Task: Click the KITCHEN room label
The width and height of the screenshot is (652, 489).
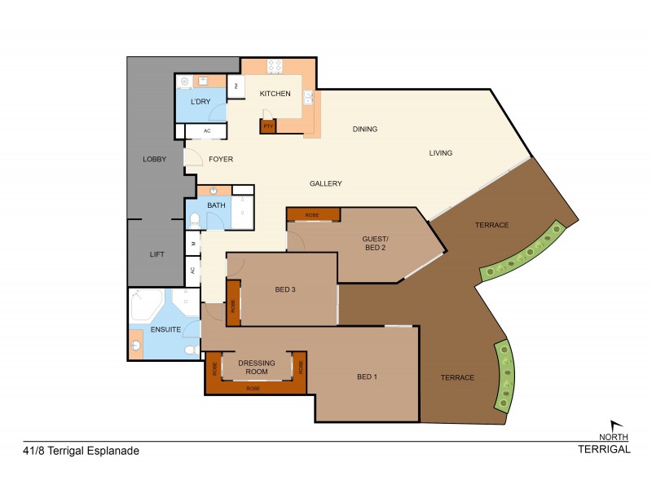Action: click(275, 94)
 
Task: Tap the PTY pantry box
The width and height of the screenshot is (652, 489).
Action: click(267, 126)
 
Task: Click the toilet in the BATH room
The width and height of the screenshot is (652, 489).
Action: click(195, 220)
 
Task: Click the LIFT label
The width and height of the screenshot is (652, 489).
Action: click(157, 254)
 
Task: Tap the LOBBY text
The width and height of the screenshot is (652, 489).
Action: click(154, 159)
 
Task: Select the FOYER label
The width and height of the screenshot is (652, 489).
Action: click(221, 160)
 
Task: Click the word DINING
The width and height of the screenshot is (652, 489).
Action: click(364, 129)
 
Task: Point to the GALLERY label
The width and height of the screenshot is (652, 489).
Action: click(325, 183)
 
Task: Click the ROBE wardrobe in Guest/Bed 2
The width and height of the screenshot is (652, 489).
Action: click(313, 214)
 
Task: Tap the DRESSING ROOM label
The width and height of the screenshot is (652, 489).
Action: click(256, 367)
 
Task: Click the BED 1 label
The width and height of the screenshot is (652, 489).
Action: click(368, 377)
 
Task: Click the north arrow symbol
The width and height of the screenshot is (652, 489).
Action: click(618, 425)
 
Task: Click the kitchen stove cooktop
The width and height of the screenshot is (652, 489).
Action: click(275, 67)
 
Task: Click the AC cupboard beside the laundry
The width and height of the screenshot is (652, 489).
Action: click(207, 130)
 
